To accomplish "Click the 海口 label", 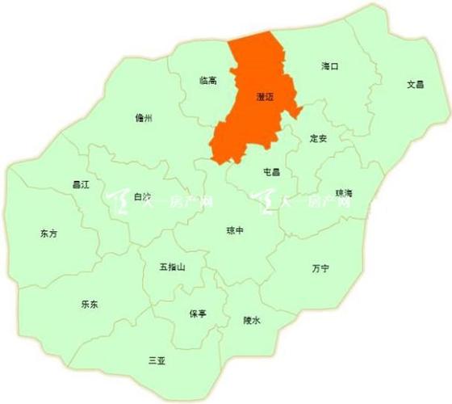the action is pos(329,65).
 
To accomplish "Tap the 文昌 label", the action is pos(415,83).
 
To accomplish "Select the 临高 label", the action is pos(207,80).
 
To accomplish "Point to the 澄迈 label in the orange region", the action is pos(263,95).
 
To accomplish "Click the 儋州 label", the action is pos(144,118).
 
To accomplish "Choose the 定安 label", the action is pos(318,138).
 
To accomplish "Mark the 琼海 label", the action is pos(344,192).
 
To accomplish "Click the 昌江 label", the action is pos(57,185).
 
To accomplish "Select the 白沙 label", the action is pos(142,196).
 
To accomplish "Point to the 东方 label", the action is pos(48,234).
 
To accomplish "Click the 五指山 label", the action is pos(173,267).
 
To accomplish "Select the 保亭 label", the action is pos(198,313).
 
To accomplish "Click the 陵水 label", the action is pos(252,320).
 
